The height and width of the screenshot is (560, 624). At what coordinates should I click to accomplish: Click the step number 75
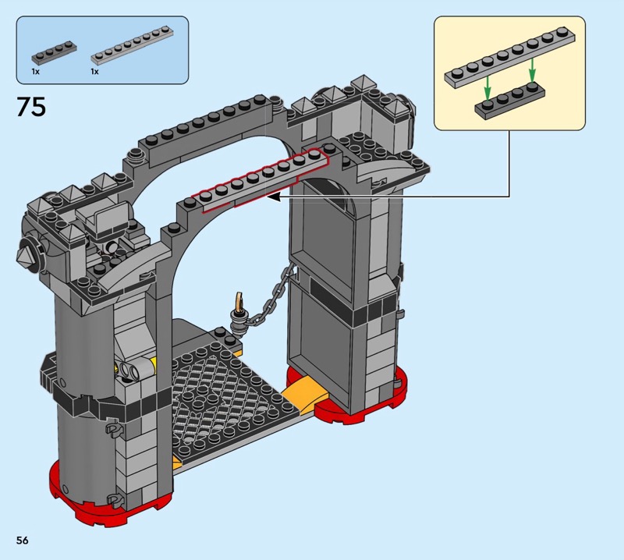point(31,107)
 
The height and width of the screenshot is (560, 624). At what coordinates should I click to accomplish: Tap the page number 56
point(23,540)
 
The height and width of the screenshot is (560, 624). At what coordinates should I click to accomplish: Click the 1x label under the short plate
point(36,72)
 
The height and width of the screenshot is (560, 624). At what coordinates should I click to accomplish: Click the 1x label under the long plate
point(94,72)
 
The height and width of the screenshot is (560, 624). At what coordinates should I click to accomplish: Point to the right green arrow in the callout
point(532,69)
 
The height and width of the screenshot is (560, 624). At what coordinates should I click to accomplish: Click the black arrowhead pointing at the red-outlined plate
point(273,197)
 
